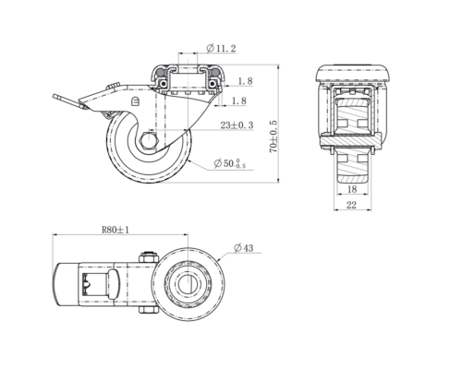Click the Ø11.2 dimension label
(x=221, y=48)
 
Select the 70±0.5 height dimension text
(x=274, y=137)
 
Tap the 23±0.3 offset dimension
(x=237, y=125)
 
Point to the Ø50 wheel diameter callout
(x=230, y=163)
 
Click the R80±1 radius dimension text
(x=115, y=230)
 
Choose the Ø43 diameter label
(x=243, y=248)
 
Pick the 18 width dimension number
(x=352, y=189)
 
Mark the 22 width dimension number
(x=352, y=205)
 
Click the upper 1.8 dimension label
(x=245, y=81)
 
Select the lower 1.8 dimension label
(x=239, y=101)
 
